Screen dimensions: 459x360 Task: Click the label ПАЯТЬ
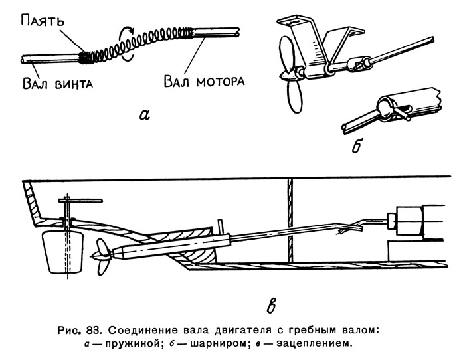42,21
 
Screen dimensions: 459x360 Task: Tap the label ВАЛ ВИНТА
58,83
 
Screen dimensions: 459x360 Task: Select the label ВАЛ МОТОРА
204,81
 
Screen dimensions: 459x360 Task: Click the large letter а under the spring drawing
145,114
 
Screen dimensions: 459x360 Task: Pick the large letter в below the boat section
272,306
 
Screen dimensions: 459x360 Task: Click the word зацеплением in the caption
313,343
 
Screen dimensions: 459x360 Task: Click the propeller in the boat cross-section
102,256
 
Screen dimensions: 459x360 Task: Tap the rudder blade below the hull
62,252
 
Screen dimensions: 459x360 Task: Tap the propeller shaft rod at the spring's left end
50,58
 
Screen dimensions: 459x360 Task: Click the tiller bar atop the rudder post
80,201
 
